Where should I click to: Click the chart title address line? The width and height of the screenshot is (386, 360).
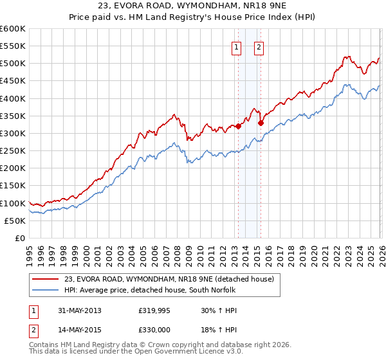193,6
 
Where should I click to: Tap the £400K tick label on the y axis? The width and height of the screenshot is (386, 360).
12,98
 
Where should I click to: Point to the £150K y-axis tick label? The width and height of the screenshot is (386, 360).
12,186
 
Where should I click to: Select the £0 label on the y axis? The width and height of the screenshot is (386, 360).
19,238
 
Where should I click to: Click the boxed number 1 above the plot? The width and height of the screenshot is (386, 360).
236,47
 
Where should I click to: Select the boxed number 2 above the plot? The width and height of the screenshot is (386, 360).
259,47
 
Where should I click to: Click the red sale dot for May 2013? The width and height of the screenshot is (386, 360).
238,126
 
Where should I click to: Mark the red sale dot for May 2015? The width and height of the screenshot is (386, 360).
261,123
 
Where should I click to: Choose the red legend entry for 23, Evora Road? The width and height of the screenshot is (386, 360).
169,278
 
